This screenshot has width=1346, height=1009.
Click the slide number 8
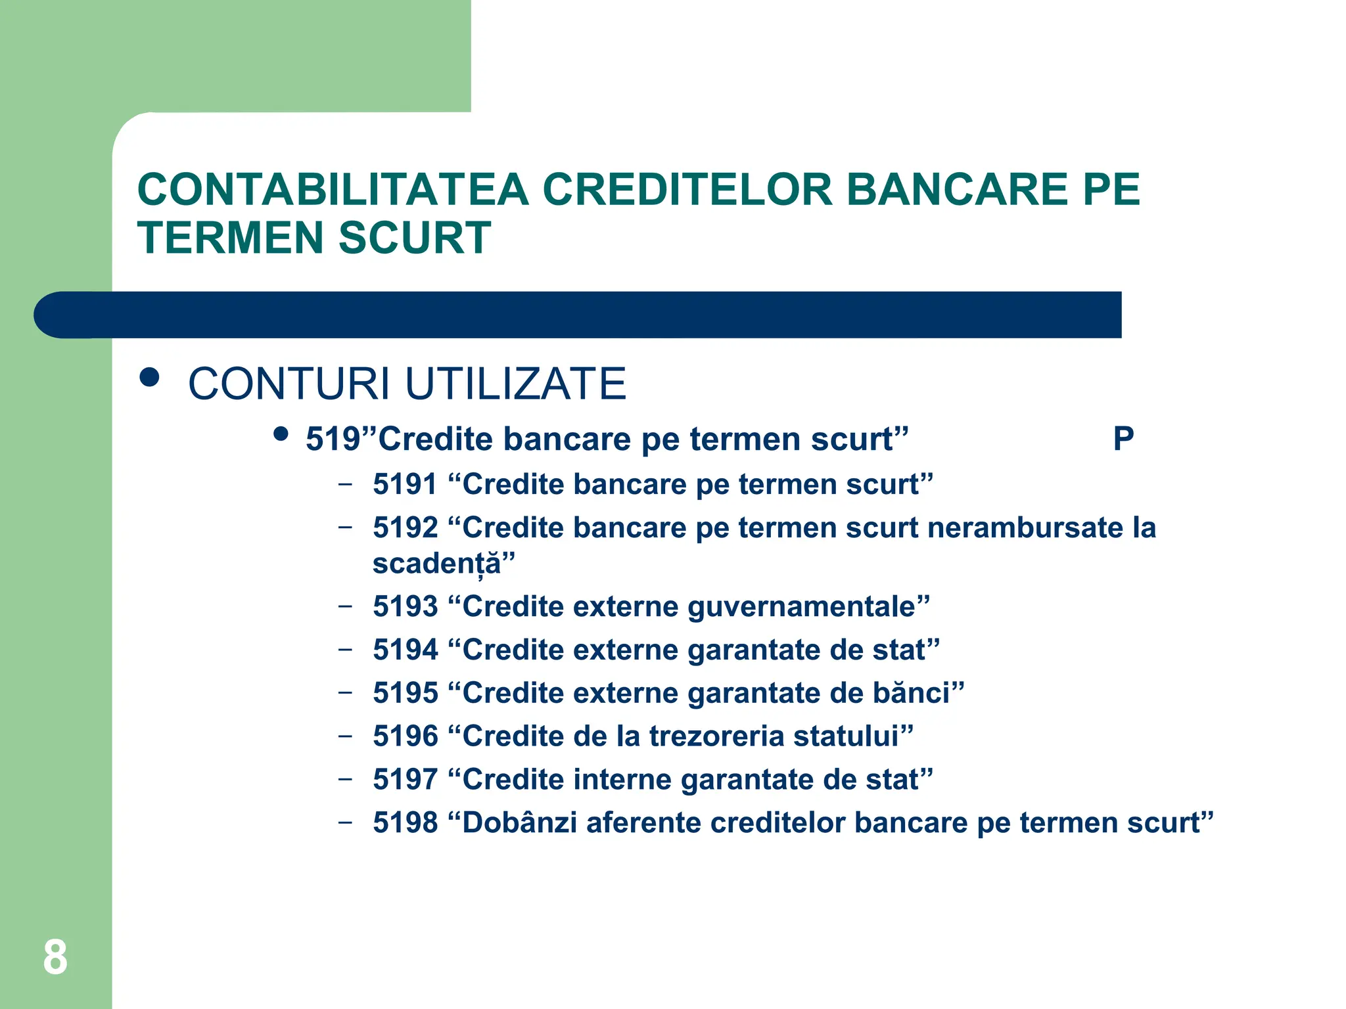pos(55,957)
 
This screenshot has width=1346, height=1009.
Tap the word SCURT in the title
pos(415,238)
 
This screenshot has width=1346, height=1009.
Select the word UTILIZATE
pos(515,384)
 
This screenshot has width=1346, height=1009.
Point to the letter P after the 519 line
pos(1123,439)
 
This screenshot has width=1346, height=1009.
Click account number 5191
pos(405,485)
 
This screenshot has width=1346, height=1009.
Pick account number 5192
pos(405,528)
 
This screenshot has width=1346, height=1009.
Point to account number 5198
pos(405,823)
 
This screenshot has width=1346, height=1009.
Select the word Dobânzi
pos(519,823)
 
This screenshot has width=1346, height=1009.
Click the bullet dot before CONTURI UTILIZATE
pos(150,378)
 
